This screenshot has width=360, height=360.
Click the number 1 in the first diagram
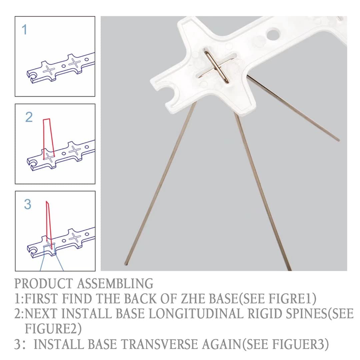(24, 30)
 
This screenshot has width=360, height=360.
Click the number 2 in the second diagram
(29, 117)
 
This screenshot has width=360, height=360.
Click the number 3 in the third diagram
(28, 204)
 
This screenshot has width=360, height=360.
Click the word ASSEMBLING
(115, 284)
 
